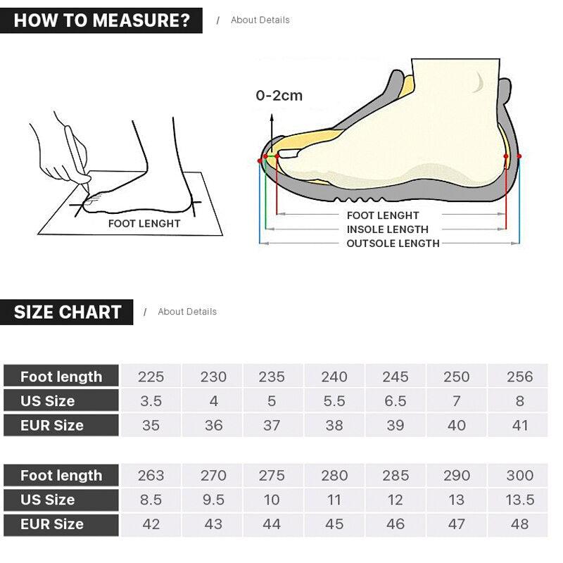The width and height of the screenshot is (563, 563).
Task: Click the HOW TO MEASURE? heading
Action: pyautogui.click(x=101, y=20)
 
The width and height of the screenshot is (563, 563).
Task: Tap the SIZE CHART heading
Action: pyautogui.click(x=68, y=312)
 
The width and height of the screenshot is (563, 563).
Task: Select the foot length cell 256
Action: pyautogui.click(x=519, y=377)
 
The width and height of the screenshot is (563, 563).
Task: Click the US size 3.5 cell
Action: pyautogui.click(x=151, y=401)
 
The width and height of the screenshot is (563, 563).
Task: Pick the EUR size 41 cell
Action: pyautogui.click(x=519, y=425)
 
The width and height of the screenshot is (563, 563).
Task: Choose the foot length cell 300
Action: pyautogui.click(x=519, y=476)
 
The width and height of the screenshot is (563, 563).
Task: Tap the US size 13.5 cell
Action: pyautogui.click(x=519, y=500)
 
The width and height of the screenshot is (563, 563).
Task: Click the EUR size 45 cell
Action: pyautogui.click(x=334, y=524)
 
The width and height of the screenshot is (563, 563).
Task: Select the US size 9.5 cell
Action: pyautogui.click(x=213, y=500)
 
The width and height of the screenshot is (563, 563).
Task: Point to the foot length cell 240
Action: pyautogui.click(x=334, y=377)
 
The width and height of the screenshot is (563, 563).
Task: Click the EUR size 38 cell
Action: pyautogui.click(x=334, y=425)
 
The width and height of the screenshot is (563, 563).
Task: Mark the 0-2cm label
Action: pyautogui.click(x=279, y=96)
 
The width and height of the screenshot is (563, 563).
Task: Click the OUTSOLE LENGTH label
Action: pyautogui.click(x=393, y=243)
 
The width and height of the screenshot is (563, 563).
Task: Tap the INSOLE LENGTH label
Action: pyautogui.click(x=387, y=229)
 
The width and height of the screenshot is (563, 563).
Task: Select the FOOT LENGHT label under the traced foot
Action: pyautogui.click(x=144, y=224)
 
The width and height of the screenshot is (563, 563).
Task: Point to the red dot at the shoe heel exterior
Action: pyautogui.click(x=519, y=156)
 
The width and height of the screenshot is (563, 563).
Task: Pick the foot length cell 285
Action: pyautogui.click(x=396, y=476)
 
